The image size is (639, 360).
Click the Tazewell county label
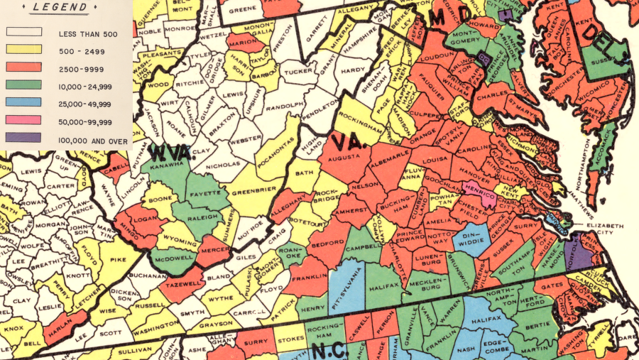180,278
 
